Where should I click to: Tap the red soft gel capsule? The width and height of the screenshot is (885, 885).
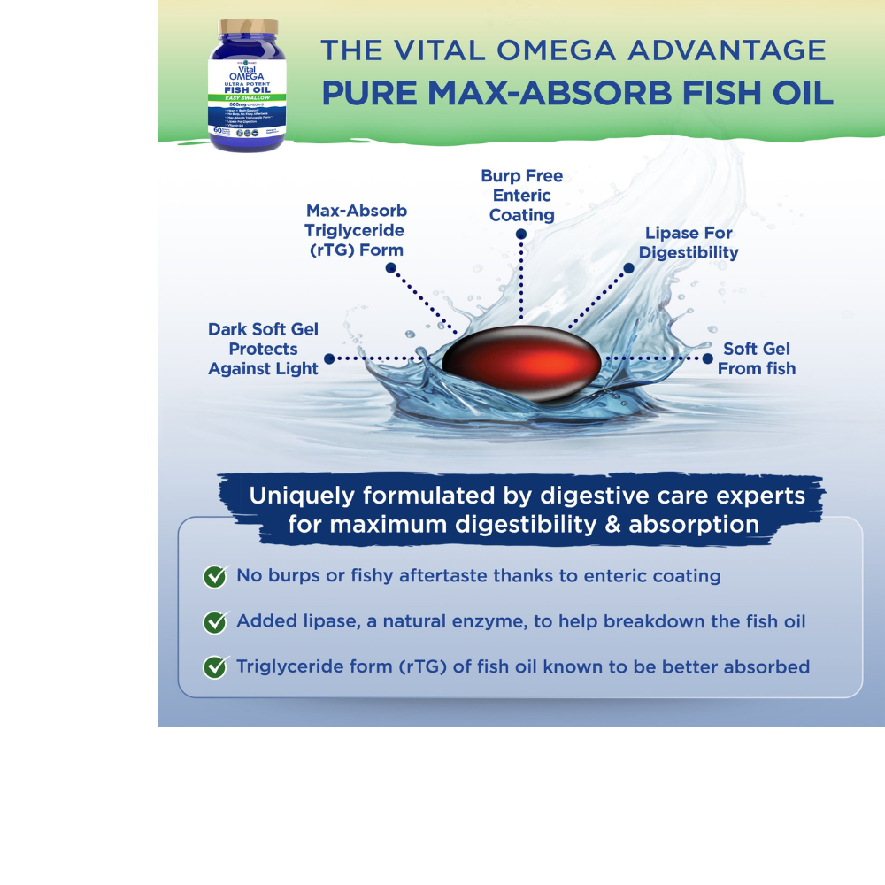(x=522, y=364)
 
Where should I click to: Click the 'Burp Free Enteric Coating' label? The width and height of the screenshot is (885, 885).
(x=521, y=196)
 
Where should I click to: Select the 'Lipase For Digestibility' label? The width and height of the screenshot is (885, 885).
(x=689, y=242)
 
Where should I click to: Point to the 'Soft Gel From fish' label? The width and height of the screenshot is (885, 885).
(x=757, y=358)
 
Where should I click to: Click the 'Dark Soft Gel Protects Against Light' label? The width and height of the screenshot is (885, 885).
(x=263, y=349)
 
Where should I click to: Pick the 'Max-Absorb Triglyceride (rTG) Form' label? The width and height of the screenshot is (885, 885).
(x=356, y=230)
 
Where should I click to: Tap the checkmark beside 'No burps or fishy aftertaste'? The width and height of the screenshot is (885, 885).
(x=215, y=576)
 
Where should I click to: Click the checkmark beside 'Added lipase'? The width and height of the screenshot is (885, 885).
(x=215, y=621)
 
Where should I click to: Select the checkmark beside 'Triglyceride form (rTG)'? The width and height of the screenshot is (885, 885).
(x=215, y=666)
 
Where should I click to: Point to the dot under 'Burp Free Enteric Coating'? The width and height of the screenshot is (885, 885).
(x=521, y=235)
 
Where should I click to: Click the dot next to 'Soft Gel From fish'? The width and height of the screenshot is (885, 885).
(x=707, y=358)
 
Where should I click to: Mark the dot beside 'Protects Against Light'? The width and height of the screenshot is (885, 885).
(x=329, y=358)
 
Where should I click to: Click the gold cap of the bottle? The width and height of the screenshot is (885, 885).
(x=248, y=28)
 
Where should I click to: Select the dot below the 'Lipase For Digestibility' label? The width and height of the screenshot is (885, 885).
(x=629, y=266)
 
